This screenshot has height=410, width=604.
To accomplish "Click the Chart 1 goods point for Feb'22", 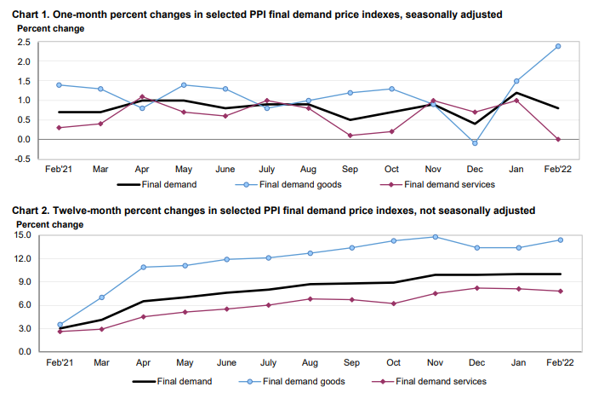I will [x=558, y=46].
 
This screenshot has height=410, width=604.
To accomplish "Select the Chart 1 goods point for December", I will [x=474, y=143].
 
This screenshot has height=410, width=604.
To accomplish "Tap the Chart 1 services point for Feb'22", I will [x=558, y=139].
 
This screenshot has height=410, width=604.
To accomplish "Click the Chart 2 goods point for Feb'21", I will [x=59, y=325].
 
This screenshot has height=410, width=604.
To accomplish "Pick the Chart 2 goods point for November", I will [x=436, y=237].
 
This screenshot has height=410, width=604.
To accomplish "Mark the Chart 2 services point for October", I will [x=394, y=303].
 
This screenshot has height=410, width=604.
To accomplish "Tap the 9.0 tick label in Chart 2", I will [x=25, y=282].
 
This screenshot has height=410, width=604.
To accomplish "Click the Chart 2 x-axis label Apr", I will [x=142, y=362].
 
